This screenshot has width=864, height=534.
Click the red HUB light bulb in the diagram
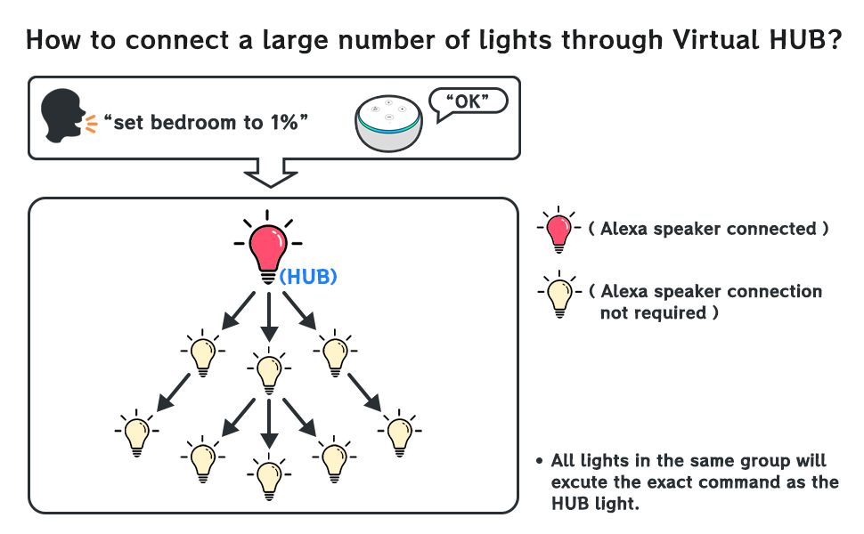(x=267, y=248)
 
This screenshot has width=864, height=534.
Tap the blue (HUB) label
(x=308, y=277)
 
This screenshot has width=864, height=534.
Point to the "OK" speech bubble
(x=468, y=101)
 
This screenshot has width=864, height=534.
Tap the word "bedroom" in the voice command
(x=192, y=123)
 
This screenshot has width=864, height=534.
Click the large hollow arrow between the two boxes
(x=269, y=172)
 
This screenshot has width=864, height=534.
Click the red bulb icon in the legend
(x=559, y=230)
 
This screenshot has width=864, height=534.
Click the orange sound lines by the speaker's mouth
(x=92, y=124)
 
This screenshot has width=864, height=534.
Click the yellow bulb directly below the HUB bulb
(x=268, y=370)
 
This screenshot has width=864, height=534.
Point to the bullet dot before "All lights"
(x=540, y=461)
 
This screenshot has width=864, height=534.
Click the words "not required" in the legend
(x=654, y=313)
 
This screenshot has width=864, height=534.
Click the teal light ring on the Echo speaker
(x=388, y=130)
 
